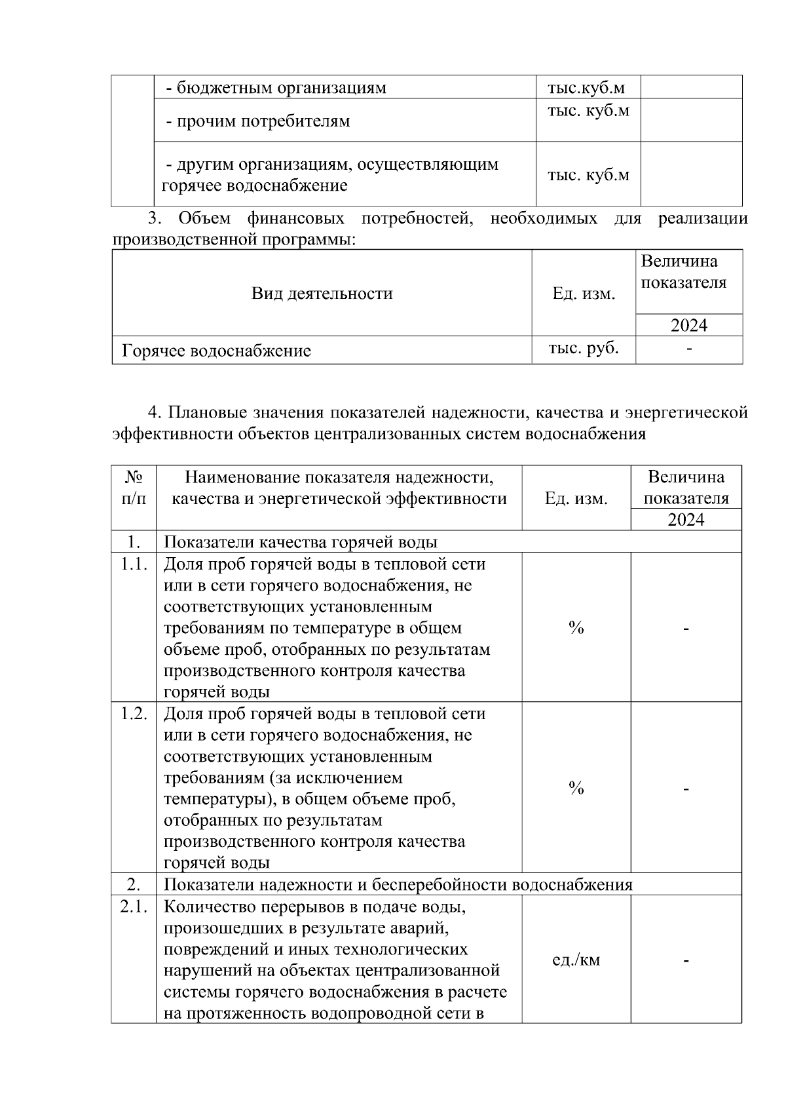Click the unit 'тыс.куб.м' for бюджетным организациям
586,88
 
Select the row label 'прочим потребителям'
258,121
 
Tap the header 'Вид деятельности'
322,293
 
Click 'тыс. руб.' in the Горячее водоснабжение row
584,348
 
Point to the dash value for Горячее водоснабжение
688,349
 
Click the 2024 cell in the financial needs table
688,325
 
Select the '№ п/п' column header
134,487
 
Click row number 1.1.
134,564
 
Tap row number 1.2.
134,714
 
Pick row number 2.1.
134,907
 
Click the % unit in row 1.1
576,628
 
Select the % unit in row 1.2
576,788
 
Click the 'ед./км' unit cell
576,960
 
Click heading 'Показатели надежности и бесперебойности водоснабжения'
398,885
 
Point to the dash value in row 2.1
686,960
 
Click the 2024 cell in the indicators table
686,520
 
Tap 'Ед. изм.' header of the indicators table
576,499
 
